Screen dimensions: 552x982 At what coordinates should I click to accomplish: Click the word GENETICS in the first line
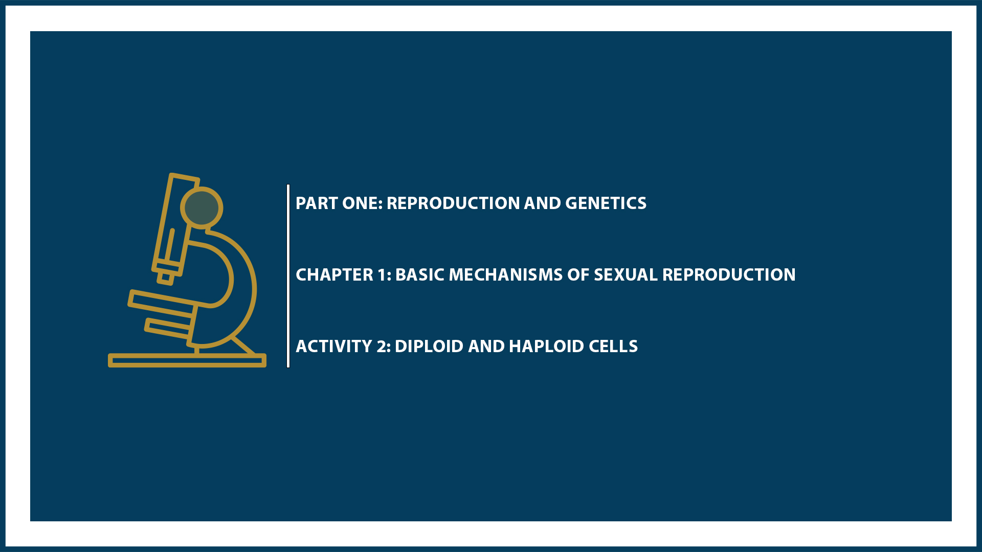(x=606, y=203)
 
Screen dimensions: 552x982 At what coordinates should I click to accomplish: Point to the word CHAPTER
(x=334, y=275)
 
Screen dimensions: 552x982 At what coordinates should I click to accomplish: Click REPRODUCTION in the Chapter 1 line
(x=729, y=275)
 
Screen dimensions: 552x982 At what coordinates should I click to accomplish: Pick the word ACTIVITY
(x=334, y=347)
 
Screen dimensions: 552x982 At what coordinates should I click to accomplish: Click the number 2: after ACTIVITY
(x=384, y=347)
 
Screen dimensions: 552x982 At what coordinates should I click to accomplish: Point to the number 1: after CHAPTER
(x=384, y=275)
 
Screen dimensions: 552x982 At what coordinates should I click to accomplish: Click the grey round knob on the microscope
(x=202, y=208)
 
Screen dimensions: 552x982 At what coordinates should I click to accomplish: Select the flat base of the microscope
(x=187, y=361)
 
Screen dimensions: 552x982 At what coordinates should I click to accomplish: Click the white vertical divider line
(x=288, y=276)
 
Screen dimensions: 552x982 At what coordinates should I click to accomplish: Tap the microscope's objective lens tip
(x=165, y=278)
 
